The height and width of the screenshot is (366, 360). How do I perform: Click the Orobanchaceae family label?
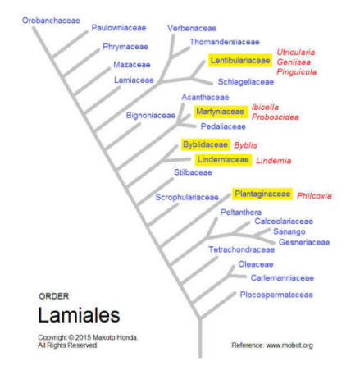click(51, 21)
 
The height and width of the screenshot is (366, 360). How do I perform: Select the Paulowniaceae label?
click(119, 28)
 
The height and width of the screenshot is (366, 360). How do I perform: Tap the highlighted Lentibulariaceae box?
click(240, 61)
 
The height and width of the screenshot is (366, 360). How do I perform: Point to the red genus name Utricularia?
click(296, 52)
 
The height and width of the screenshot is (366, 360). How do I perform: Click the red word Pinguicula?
click(297, 72)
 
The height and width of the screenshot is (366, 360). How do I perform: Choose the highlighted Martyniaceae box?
click(221, 112)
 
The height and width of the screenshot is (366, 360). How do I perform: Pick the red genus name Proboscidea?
click(276, 117)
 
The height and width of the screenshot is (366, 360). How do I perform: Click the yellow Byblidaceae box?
click(205, 144)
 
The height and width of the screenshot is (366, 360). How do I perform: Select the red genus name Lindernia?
click(274, 161)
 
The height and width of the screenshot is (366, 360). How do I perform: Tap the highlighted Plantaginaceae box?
click(262, 194)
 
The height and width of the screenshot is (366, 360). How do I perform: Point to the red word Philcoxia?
click(314, 196)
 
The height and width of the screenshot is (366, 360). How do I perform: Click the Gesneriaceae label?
click(304, 242)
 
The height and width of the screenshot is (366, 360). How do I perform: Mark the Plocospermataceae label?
click(276, 295)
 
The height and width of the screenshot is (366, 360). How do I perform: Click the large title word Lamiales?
click(79, 315)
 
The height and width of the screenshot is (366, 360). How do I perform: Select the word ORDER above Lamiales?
click(54, 296)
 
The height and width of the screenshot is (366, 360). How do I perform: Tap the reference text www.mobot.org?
click(289, 345)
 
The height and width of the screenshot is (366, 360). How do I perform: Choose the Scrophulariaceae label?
click(187, 198)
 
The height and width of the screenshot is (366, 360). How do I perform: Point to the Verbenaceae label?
click(192, 28)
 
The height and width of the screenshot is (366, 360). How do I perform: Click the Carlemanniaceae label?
click(282, 278)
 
